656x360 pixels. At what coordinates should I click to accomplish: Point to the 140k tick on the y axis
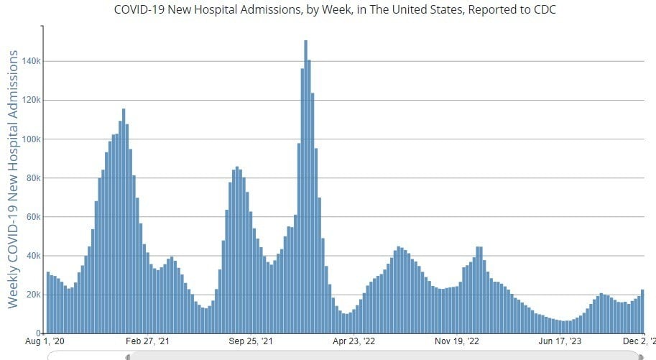pyautogui.click(x=30, y=61)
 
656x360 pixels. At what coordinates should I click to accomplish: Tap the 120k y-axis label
pyautogui.click(x=30, y=100)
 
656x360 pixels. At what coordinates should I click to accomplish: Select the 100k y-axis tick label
pyautogui.click(x=30, y=139)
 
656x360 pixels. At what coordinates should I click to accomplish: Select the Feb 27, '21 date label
pyautogui.click(x=147, y=342)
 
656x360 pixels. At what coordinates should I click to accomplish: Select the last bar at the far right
pyautogui.click(x=642, y=312)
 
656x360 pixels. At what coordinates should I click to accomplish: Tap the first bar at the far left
pyautogui.click(x=48, y=303)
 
